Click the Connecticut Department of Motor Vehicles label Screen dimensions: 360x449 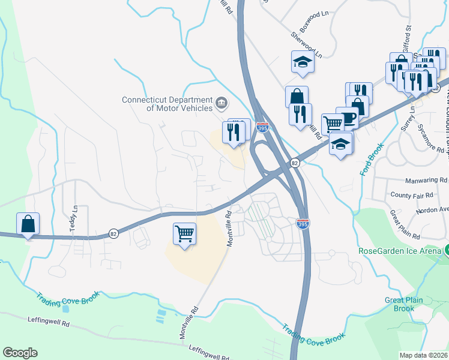pos(167,104)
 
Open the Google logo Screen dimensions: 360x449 pos(20,353)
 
